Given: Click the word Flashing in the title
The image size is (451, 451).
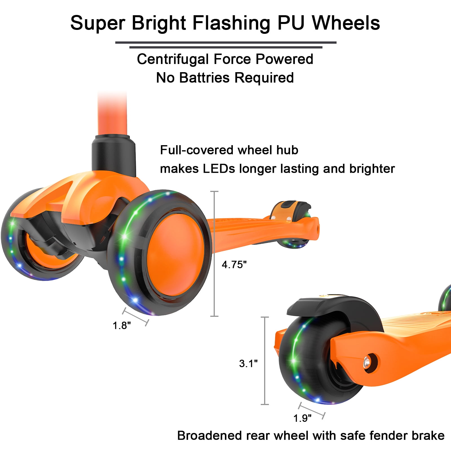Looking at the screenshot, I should (x=231, y=23).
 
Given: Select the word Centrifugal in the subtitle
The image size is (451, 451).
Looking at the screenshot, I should (x=173, y=59).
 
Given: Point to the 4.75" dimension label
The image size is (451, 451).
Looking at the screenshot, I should (x=234, y=265).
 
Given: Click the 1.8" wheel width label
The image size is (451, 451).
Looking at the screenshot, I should (x=122, y=326).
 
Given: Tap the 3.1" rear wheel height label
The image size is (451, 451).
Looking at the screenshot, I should (x=248, y=364).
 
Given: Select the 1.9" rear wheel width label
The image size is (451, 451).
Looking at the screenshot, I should (x=302, y=418).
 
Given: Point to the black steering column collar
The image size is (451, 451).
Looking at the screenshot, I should (x=113, y=154).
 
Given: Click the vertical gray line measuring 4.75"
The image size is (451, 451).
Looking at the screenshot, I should (x=215, y=254).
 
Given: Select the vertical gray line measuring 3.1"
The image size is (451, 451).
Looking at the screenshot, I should (x=265, y=361).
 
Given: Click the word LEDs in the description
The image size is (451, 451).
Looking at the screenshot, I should (x=219, y=169).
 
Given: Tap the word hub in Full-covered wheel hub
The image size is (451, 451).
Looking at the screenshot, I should (x=287, y=150).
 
